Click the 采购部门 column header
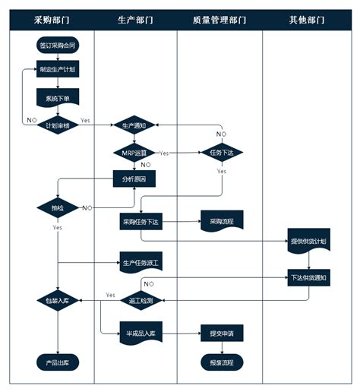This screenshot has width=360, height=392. (52, 20)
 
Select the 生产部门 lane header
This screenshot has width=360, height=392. (136, 20)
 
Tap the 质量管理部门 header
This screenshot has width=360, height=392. (219, 20)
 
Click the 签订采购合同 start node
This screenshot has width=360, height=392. (58, 46)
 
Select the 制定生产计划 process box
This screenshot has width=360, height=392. (58, 71)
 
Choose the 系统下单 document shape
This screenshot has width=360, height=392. (58, 98)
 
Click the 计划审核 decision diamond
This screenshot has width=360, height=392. (58, 125)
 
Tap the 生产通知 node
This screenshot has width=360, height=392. (134, 125)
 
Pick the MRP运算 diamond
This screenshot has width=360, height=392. (134, 152)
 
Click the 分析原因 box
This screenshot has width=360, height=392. (134, 179)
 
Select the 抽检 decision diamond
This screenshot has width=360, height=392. (58, 207)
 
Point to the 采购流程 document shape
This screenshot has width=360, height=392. (221, 222)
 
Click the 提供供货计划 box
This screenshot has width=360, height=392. (308, 241)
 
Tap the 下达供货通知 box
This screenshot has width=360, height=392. (308, 278)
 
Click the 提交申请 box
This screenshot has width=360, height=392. (221, 333)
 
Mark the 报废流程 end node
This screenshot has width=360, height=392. (221, 362)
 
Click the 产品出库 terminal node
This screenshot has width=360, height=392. (58, 362)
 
